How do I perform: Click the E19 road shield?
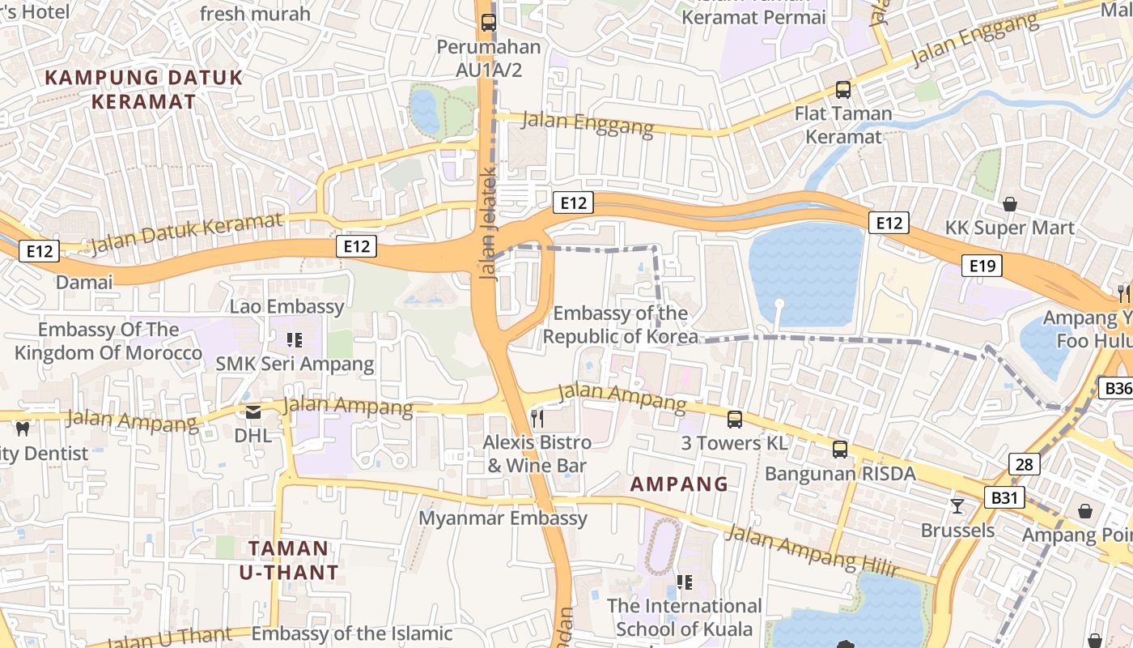[x=982, y=265]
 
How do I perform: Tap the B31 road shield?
[x=1004, y=497]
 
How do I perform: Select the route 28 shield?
[x=1025, y=464]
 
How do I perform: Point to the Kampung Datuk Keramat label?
[x=143, y=89]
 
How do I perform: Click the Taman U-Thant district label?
[x=289, y=560]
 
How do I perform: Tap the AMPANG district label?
[x=679, y=484]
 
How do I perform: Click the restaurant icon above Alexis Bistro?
[x=537, y=418]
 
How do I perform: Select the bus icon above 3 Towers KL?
[x=735, y=420]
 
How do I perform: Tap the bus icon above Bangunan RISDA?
[x=840, y=449]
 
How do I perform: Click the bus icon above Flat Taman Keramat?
[x=843, y=90]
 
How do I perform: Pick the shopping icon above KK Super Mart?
[x=1010, y=203]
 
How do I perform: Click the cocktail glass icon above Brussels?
[x=957, y=506]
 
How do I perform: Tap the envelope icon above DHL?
[x=253, y=412]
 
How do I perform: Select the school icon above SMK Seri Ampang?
[x=295, y=340]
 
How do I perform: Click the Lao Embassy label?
[x=286, y=306]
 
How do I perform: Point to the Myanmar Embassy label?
[x=503, y=518]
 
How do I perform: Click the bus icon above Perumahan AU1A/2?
[x=488, y=23]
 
